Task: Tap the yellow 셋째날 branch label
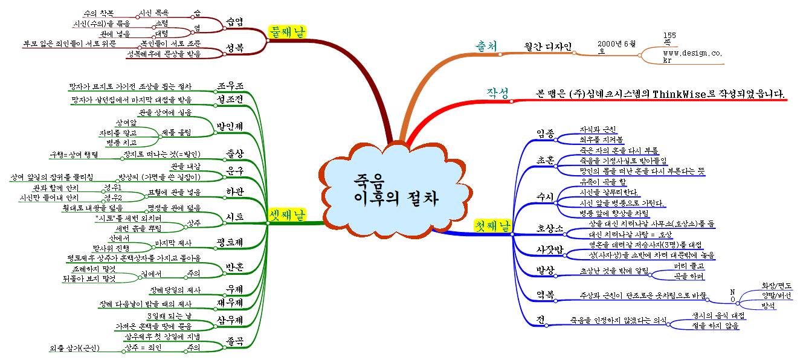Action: (x=286, y=215)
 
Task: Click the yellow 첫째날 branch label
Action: (x=492, y=227)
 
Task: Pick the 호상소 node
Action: (x=550, y=228)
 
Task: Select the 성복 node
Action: (x=234, y=48)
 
